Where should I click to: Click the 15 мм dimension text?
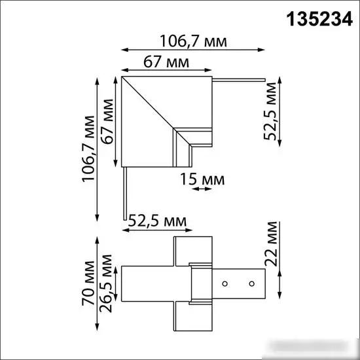click(202, 179)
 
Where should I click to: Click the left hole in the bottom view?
click(225, 284)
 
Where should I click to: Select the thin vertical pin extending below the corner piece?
click(124, 193)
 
